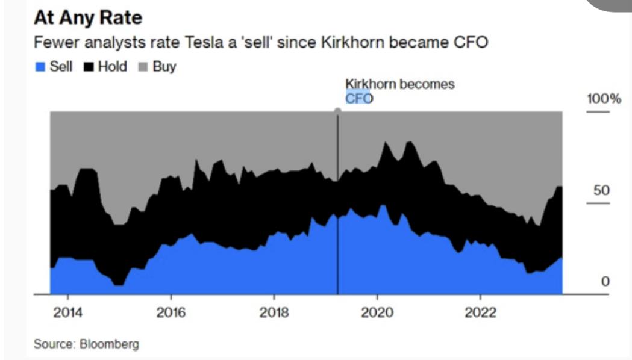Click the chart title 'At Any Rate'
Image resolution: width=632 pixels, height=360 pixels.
tap(88, 17)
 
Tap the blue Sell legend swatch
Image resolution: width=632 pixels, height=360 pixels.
tap(40, 67)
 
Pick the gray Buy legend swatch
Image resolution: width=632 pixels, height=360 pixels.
tap(143, 67)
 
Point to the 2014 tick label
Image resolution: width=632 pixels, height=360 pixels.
tap(67, 313)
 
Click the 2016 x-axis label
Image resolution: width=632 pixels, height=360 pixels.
tap(171, 313)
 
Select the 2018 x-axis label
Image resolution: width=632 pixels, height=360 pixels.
tap(274, 313)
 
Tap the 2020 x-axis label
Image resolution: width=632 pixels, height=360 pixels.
tap(377, 313)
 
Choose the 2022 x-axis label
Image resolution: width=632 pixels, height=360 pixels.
tap(480, 313)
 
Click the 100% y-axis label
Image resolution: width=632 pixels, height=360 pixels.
tap(604, 99)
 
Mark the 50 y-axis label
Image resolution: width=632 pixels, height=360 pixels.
tap(601, 191)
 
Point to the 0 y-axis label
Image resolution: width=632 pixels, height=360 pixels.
tap(605, 281)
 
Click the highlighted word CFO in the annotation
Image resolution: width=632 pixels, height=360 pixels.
tap(358, 98)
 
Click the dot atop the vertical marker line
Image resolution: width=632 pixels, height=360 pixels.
tap(337, 111)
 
